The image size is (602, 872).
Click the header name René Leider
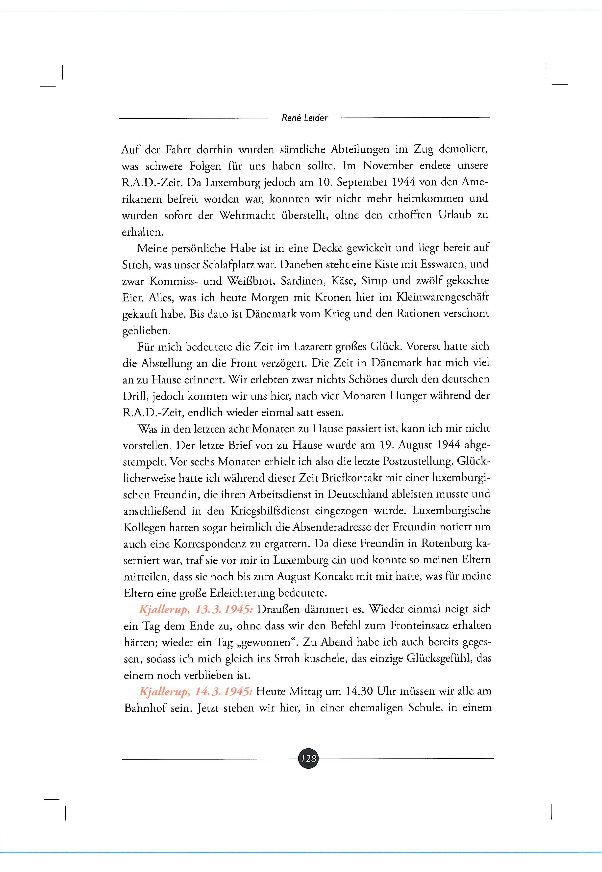point(304,118)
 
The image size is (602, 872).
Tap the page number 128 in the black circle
point(308,758)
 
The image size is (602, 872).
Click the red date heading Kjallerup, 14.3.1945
point(195,692)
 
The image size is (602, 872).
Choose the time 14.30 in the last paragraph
point(359,692)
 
